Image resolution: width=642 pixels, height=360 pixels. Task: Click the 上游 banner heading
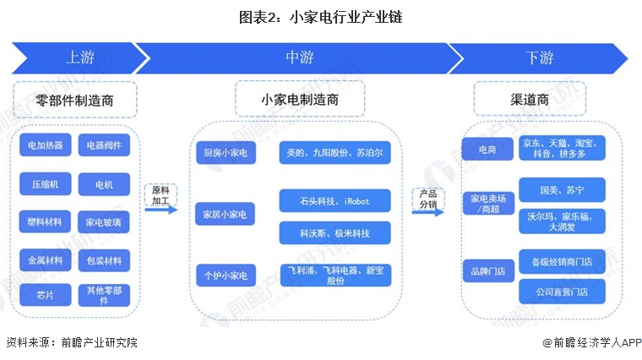80,57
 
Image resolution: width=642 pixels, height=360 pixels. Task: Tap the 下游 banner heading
540,57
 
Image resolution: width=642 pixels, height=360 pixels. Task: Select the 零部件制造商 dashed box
75,100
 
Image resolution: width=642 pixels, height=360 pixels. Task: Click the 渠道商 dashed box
530,99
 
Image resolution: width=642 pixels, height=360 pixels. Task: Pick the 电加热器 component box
46,145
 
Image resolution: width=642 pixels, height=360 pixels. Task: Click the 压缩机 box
46,184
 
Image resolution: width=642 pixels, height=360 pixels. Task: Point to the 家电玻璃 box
104,222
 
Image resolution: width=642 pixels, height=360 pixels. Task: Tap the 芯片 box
46,295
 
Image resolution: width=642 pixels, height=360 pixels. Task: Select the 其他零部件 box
104,295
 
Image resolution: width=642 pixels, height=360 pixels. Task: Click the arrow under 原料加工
160,210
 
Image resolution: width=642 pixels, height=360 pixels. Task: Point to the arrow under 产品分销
428,212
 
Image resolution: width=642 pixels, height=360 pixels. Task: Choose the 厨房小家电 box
226,153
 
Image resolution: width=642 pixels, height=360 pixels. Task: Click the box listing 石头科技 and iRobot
335,200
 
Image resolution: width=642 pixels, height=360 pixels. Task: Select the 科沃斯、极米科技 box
335,233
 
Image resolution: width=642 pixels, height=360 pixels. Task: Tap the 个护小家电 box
226,275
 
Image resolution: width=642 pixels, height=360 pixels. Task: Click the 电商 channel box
487,149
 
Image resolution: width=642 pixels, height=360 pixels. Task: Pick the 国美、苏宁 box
562,189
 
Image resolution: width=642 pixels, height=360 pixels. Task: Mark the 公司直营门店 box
562,292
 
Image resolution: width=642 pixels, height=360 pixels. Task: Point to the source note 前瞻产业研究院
100,342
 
